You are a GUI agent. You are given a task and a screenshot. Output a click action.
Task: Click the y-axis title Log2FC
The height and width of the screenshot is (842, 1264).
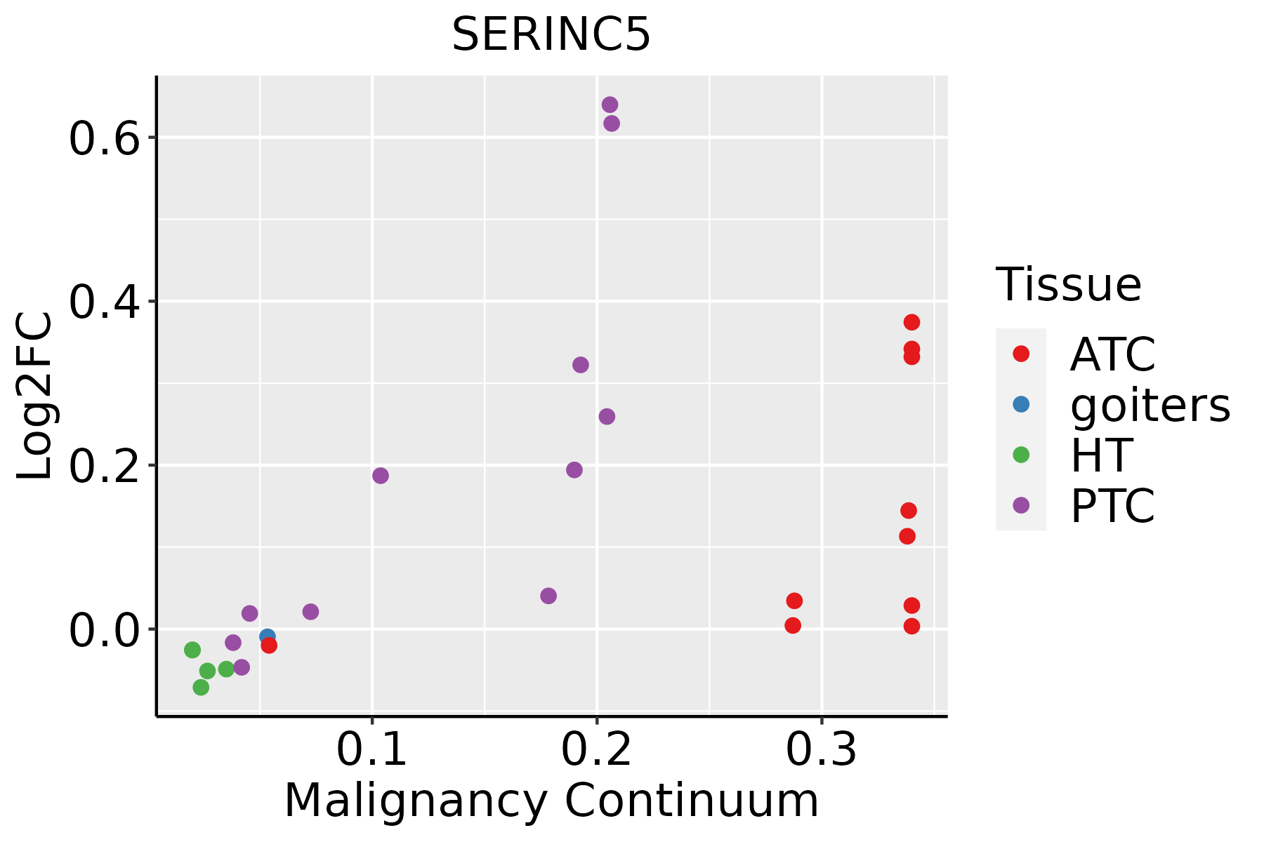click(34, 396)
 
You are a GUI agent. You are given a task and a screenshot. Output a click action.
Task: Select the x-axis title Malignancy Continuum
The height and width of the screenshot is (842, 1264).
click(551, 801)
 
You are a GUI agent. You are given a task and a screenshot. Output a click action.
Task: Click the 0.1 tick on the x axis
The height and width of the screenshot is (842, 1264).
click(372, 749)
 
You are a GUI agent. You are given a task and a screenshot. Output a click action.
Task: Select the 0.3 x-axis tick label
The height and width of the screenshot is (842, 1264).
click(822, 749)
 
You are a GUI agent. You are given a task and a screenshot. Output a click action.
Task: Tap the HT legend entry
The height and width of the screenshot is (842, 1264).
click(1100, 455)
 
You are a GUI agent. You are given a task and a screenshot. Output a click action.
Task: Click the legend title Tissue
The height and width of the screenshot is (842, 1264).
click(1069, 285)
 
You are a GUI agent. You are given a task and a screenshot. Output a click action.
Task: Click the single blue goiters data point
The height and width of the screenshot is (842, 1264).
click(267, 636)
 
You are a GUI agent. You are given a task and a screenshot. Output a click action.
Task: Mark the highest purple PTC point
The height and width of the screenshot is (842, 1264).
click(610, 105)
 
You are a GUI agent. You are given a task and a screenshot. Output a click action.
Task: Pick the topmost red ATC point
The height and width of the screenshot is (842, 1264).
click(911, 322)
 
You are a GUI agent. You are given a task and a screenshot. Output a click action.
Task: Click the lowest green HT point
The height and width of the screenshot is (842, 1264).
click(201, 687)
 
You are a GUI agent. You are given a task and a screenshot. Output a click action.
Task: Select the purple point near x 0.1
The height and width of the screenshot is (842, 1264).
click(380, 476)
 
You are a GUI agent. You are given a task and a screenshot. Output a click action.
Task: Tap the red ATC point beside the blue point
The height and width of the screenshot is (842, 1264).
click(269, 646)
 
